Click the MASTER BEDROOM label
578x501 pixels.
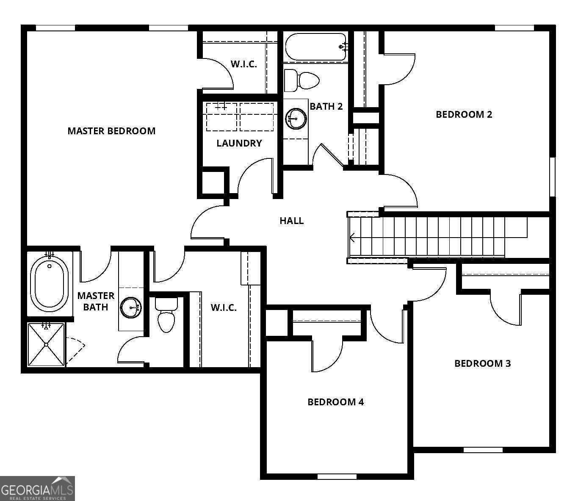click(111, 131)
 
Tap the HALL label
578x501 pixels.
click(292, 221)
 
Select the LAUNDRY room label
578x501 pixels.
click(239, 143)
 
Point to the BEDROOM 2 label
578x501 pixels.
click(464, 114)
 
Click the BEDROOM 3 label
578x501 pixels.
click(483, 363)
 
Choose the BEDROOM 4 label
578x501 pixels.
click(335, 402)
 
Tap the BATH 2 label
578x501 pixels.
click(326, 106)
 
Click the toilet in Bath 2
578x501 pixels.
click(302, 80)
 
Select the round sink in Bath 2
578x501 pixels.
click(296, 119)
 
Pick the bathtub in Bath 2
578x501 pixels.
click(316, 47)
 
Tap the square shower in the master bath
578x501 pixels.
click(46, 344)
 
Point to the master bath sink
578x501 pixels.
click(131, 307)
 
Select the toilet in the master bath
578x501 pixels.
click(166, 315)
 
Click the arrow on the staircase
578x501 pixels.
click(352, 238)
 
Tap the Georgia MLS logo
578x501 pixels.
click(37, 488)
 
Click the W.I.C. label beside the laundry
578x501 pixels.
click(243, 64)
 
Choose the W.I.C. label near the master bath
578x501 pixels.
click(224, 308)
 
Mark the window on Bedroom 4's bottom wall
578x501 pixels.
click(337, 476)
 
